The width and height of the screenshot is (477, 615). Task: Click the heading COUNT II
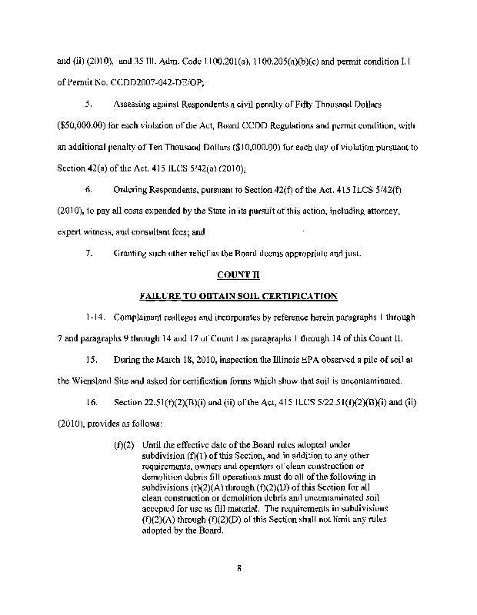coord(239,274)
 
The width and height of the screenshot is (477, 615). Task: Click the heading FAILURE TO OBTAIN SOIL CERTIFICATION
coord(239,294)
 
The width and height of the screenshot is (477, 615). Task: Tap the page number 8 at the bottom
coord(239,570)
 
